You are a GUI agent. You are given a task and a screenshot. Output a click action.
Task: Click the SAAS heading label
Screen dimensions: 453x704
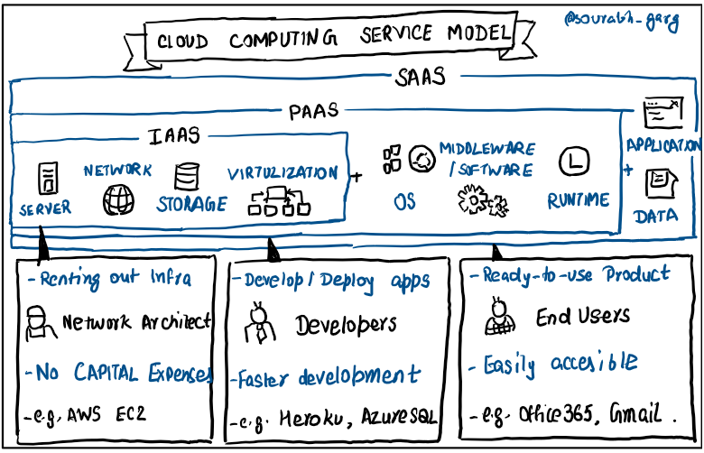[x=420, y=78]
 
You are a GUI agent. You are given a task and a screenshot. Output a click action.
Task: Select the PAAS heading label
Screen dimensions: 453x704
[x=315, y=111]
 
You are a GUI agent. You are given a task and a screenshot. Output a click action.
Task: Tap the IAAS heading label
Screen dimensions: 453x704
[x=174, y=136]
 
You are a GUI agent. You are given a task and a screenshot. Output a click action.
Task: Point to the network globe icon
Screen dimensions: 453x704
[x=117, y=199]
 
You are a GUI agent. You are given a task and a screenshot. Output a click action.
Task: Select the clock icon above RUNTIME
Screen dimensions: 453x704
[x=574, y=162]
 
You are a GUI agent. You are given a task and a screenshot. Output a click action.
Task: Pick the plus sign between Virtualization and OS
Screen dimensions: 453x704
[x=357, y=177]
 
